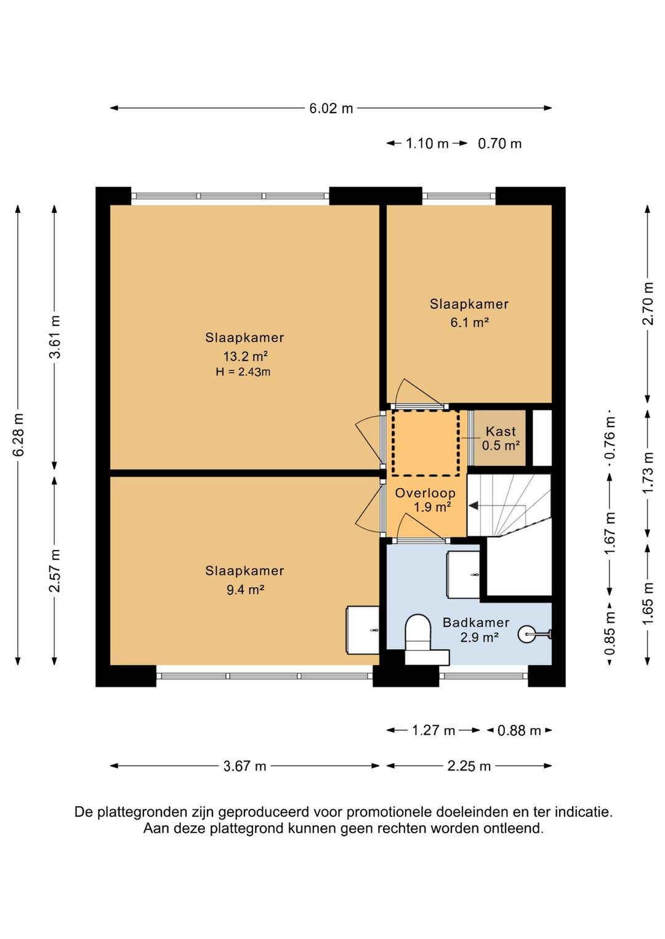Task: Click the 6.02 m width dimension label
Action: click(x=331, y=108)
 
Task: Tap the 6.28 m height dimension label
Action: click(x=19, y=434)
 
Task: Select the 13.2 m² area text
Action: click(x=246, y=356)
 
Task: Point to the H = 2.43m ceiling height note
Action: click(x=243, y=372)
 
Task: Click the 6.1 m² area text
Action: click(x=469, y=322)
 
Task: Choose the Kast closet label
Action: click(x=501, y=431)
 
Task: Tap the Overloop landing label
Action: click(x=425, y=493)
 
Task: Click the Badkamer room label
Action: click(x=476, y=623)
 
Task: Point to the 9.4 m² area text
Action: click(x=246, y=590)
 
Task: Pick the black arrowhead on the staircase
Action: click(x=473, y=506)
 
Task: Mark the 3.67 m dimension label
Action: click(x=244, y=766)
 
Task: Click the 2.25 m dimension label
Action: click(x=469, y=766)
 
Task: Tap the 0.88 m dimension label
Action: click(x=519, y=731)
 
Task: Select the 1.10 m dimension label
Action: click(x=427, y=144)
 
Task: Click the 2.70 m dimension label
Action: click(x=648, y=304)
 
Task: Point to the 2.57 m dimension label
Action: click(x=55, y=570)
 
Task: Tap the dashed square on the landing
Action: click(x=425, y=443)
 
